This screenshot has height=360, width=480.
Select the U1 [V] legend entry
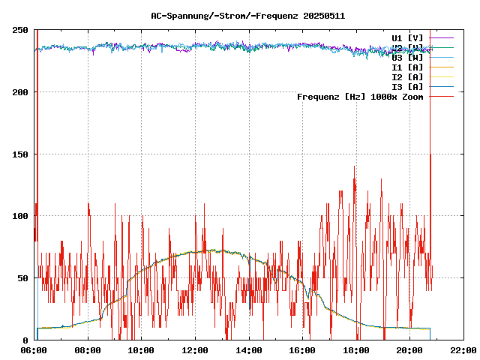[x=407, y=37]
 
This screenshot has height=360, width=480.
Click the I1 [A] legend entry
[x=407, y=67]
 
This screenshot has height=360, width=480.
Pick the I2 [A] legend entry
[x=407, y=76]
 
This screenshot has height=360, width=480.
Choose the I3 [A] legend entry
[x=407, y=86]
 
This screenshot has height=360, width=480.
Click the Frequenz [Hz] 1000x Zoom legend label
[x=360, y=96]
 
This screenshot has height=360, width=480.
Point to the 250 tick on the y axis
[x=21, y=30]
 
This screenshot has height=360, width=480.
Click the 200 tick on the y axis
[x=21, y=92]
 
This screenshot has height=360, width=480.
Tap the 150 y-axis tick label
[x=21, y=154]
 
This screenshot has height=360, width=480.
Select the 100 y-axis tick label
[x=21, y=216]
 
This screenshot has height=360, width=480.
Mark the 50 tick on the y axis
[x=23, y=278]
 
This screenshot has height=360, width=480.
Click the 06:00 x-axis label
[x=34, y=350]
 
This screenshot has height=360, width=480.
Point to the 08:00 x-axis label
[x=88, y=350]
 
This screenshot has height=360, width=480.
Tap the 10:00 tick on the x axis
[x=141, y=350]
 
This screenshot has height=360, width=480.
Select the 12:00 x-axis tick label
[x=195, y=350]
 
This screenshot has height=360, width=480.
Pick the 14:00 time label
[x=248, y=350]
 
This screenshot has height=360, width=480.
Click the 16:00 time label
[x=302, y=350]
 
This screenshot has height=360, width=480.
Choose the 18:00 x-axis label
[x=355, y=350]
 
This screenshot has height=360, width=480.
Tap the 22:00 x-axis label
[x=463, y=350]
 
